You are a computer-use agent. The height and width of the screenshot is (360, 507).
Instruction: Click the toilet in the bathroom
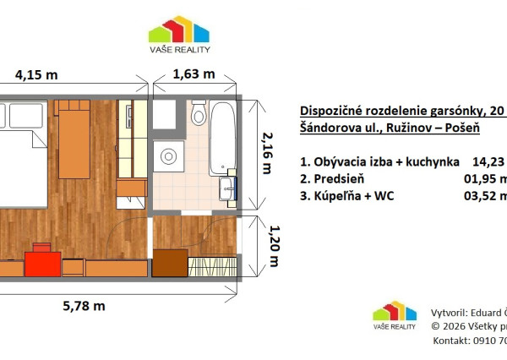(199, 112)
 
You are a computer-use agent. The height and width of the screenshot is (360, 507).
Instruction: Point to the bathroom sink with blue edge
(227, 186)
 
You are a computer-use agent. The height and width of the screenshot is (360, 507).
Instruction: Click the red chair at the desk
(38, 261)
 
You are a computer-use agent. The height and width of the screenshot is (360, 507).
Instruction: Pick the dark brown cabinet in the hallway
(168, 263)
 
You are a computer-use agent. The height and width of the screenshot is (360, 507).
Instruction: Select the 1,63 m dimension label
(194, 74)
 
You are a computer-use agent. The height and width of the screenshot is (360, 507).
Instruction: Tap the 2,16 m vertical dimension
(267, 151)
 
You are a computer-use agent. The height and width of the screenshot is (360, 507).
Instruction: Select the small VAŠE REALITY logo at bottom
(395, 315)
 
